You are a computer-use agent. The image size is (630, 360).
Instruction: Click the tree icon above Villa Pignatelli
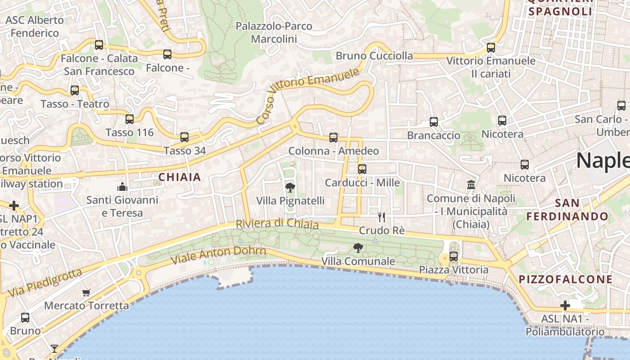pyautogui.click(x=290, y=187)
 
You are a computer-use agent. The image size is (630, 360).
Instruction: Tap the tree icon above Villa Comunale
pyautogui.click(x=358, y=247)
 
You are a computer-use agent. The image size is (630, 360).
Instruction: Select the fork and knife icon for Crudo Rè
pyautogui.click(x=382, y=217)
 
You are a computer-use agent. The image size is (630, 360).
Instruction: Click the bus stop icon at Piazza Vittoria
pyautogui.click(x=454, y=256)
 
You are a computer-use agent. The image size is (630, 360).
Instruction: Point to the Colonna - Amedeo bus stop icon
pyautogui.click(x=333, y=138)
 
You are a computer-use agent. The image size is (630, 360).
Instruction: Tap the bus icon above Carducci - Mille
pyautogui.click(x=362, y=169)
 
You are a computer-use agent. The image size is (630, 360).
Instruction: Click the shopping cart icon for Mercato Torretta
pyautogui.click(x=86, y=292)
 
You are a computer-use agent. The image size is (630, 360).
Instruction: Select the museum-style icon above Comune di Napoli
pyautogui.click(x=471, y=184)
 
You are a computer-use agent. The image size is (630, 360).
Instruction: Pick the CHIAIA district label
pyautogui.click(x=180, y=177)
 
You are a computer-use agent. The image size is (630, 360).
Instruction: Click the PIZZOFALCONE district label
pyautogui.click(x=566, y=279)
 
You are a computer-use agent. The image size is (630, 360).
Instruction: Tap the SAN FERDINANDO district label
pyautogui.click(x=567, y=210)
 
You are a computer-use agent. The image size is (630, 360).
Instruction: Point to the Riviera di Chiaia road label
pyautogui.click(x=277, y=224)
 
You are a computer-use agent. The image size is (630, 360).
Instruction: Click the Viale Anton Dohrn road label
pyautogui.click(x=219, y=255)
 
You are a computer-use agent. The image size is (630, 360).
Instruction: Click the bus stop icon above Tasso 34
pyautogui.click(x=184, y=137)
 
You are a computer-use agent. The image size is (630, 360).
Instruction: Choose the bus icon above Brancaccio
pyautogui.click(x=434, y=122)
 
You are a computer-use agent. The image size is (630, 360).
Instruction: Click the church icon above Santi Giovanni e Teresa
pyautogui.click(x=122, y=187)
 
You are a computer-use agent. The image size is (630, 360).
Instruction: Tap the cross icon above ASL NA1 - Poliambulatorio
pyautogui.click(x=565, y=306)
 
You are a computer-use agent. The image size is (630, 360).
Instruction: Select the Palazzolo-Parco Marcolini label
pyautogui.click(x=274, y=32)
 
